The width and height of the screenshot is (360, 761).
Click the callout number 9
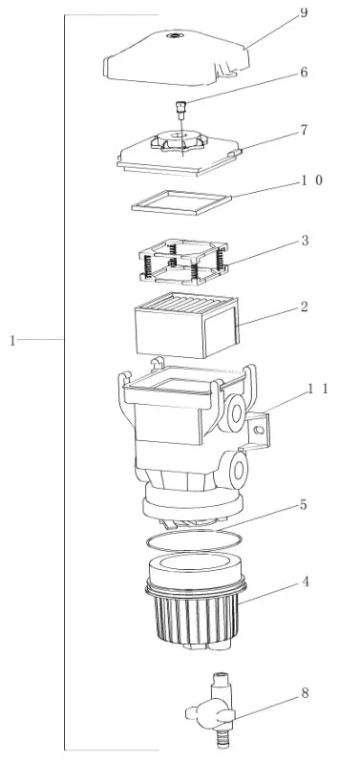pos(304,12)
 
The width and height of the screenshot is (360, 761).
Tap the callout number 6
pos(304,73)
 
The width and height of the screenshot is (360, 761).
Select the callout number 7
pos(305,130)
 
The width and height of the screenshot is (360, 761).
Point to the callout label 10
pos(312,180)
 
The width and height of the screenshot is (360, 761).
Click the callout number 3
pos(305,241)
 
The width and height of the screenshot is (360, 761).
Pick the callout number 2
pos(305,307)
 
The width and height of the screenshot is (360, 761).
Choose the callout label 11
pos(318,389)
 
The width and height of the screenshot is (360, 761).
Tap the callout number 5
pos(304,505)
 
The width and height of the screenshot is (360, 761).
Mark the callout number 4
pos(306,581)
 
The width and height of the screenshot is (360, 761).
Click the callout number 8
pos(305,693)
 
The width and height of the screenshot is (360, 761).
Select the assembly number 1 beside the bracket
pos(12,341)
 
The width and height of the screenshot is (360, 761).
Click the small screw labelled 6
pos(181,110)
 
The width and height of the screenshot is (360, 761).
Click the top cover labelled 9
pos(177,58)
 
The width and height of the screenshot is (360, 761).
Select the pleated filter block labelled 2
pos(187,325)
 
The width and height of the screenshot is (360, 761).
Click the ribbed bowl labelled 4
pos(196,604)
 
